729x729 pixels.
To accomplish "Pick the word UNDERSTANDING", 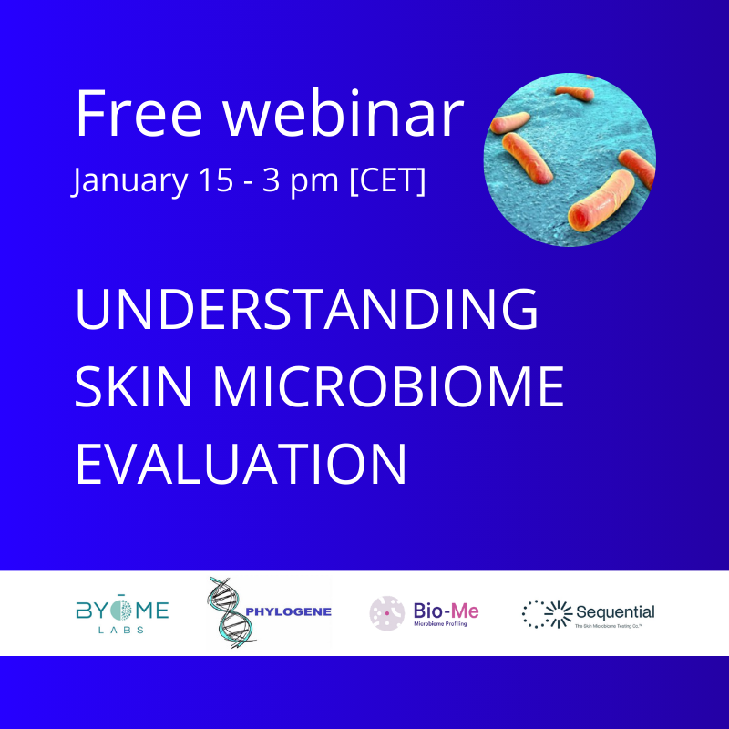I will pos(306,309).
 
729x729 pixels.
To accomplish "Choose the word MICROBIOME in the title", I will pos(387,385).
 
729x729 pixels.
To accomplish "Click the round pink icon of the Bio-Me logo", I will pos(385,613).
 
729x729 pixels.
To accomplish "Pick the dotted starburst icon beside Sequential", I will pos(540,613).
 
